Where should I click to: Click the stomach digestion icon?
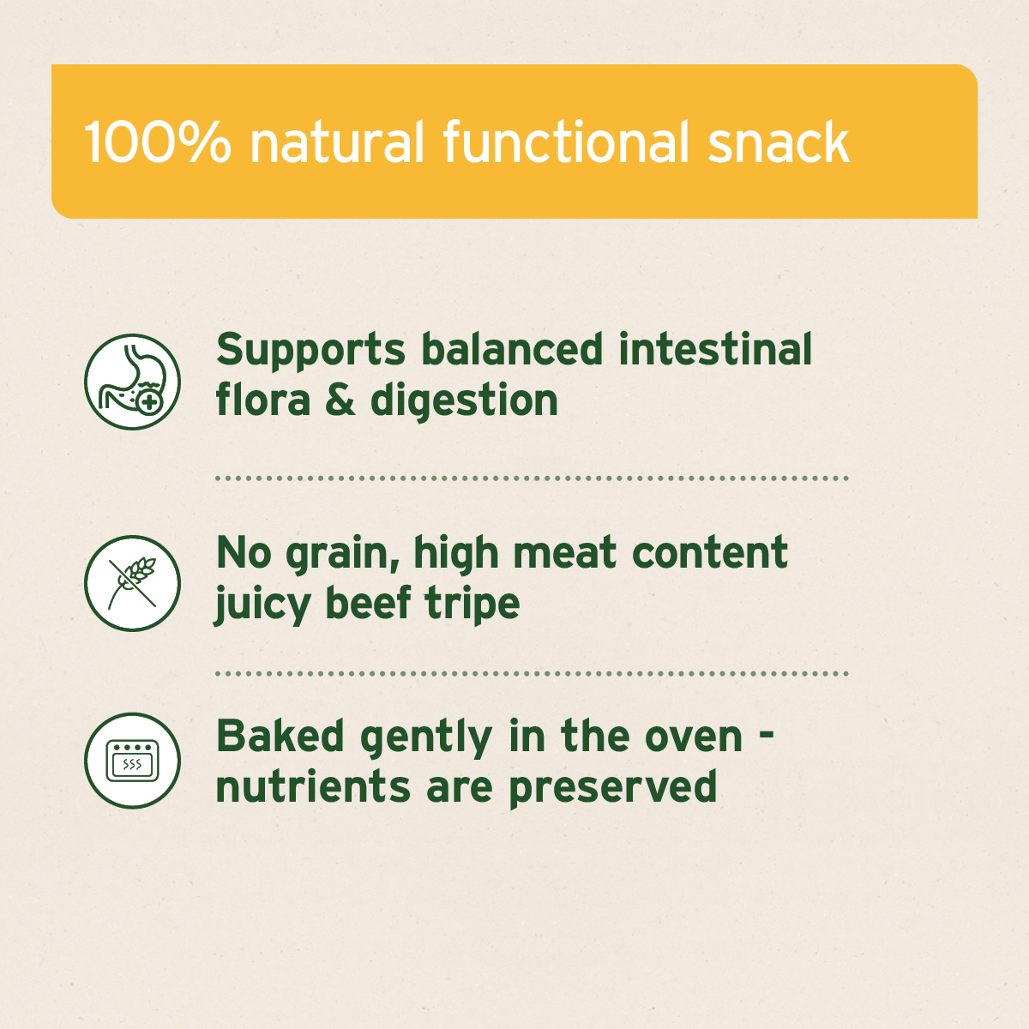133,382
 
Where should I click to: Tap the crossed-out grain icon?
133,583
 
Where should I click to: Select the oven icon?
133,761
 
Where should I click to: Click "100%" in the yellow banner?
158,142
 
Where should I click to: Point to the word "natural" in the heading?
337,142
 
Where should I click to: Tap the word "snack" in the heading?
779,142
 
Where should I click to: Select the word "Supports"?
310,352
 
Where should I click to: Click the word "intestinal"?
715,350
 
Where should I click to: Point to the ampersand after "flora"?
340,400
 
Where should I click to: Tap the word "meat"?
565,553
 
